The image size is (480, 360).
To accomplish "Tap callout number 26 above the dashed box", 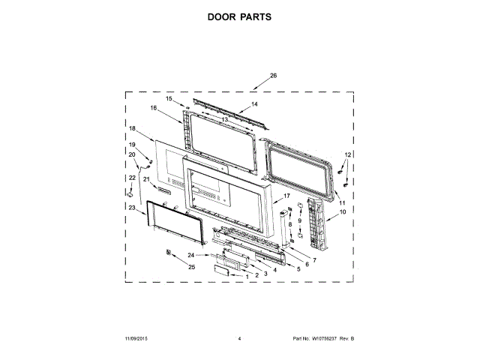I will (273, 76).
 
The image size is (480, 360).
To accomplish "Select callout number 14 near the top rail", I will (254, 104).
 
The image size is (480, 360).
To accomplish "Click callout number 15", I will (169, 98).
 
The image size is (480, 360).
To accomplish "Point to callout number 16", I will (153, 108).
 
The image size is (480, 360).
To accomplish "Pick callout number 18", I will (132, 128).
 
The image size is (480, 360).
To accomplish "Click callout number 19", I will (132, 145).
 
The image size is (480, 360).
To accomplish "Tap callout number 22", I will (132, 177).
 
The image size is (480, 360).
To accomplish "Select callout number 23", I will (132, 208).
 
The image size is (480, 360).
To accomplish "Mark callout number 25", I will (192, 267).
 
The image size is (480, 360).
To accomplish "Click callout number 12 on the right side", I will (347, 154).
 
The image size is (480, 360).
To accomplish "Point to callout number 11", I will (343, 203).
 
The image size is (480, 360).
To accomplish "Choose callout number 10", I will (343, 213).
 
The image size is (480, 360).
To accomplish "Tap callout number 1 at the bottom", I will (247, 277).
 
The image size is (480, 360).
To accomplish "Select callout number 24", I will (191, 256).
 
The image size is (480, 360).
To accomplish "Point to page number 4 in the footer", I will (239, 340).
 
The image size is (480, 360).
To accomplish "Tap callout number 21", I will (147, 179).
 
